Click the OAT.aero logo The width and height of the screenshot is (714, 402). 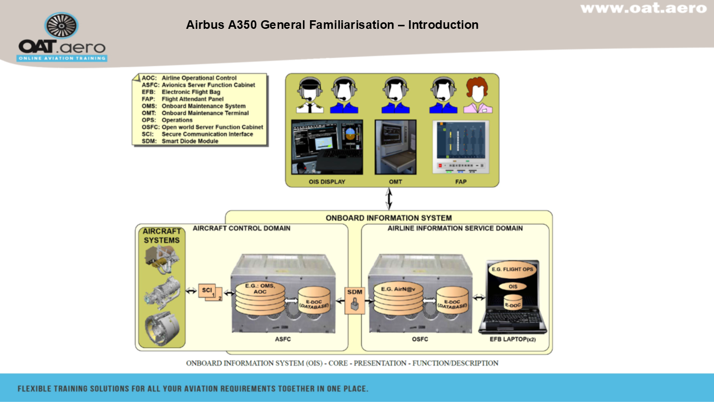(62, 38)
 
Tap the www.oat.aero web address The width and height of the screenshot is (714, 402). (643, 8)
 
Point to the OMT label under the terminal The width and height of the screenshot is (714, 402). (395, 182)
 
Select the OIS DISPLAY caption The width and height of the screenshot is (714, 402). (327, 182)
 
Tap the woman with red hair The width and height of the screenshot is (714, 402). (478, 95)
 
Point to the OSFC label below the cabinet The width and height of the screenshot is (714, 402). (419, 339)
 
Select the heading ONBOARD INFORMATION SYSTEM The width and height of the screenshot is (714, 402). (388, 218)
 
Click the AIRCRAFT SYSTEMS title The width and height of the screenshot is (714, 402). (161, 235)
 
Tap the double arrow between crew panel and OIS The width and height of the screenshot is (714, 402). (388, 199)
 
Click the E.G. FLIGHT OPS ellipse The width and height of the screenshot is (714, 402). (513, 270)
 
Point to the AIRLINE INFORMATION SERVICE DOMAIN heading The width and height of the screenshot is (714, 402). (455, 228)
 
